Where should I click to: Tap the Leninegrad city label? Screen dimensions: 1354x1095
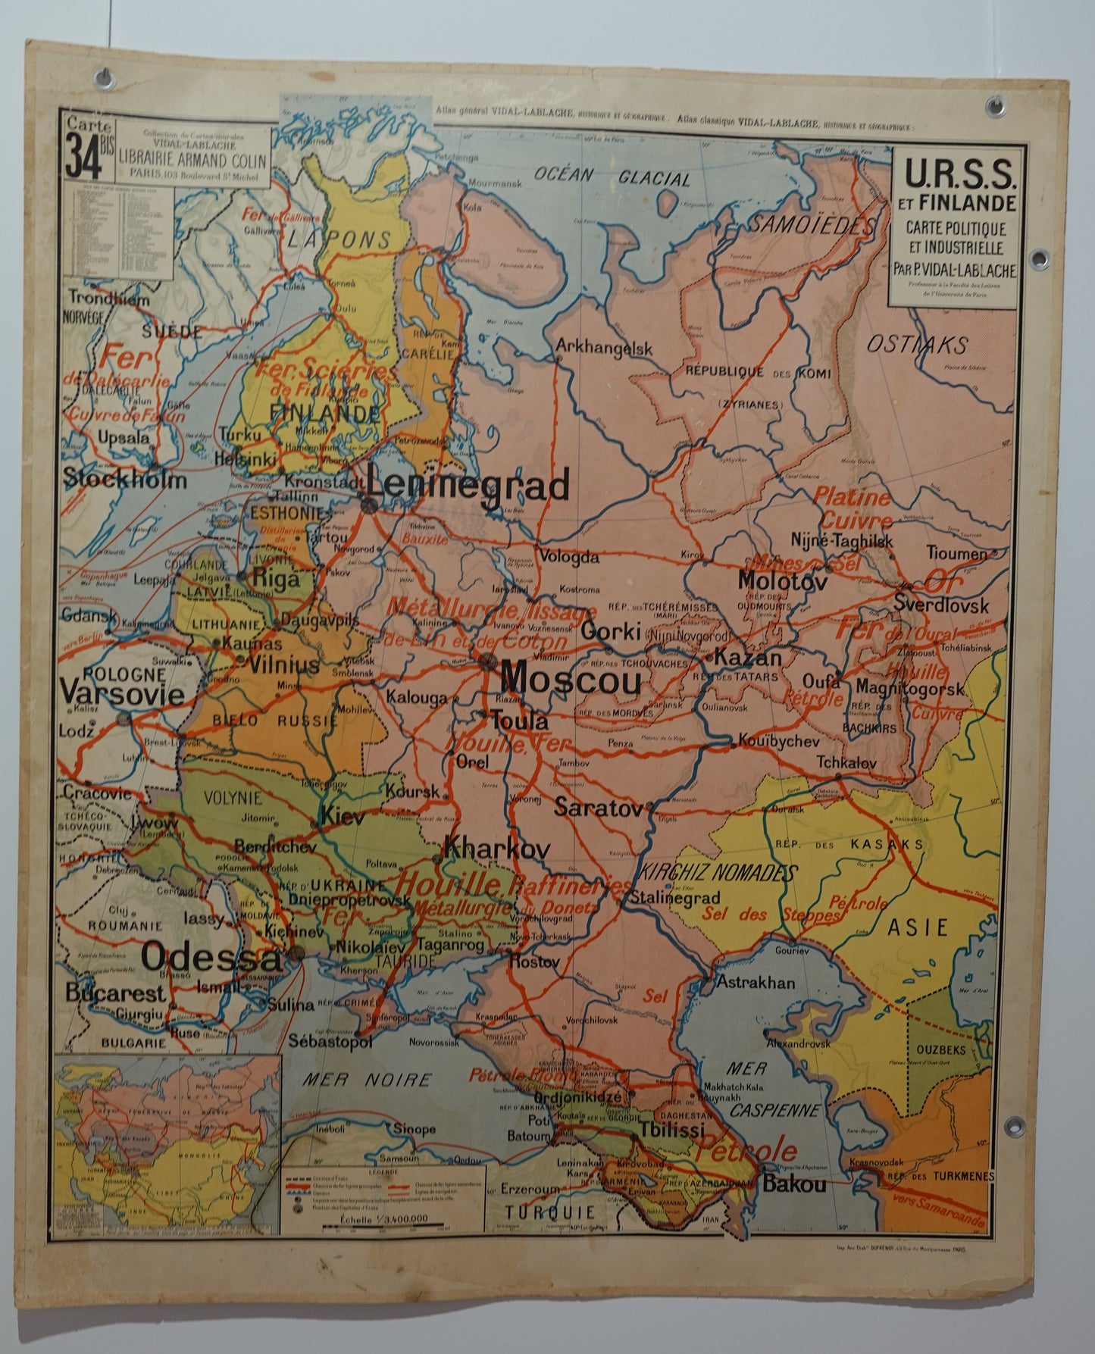468,485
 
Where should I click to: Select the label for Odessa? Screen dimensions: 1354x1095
211,958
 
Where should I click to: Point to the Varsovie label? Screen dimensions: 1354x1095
122,694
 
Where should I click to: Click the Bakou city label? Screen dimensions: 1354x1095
794,1184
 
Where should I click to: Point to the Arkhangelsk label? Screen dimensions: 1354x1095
604,348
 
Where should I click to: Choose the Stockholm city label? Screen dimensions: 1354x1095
124,480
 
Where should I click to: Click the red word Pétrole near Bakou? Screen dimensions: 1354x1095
747,1152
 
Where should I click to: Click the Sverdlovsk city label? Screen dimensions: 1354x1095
941,605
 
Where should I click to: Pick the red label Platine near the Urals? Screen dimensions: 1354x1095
852,498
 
